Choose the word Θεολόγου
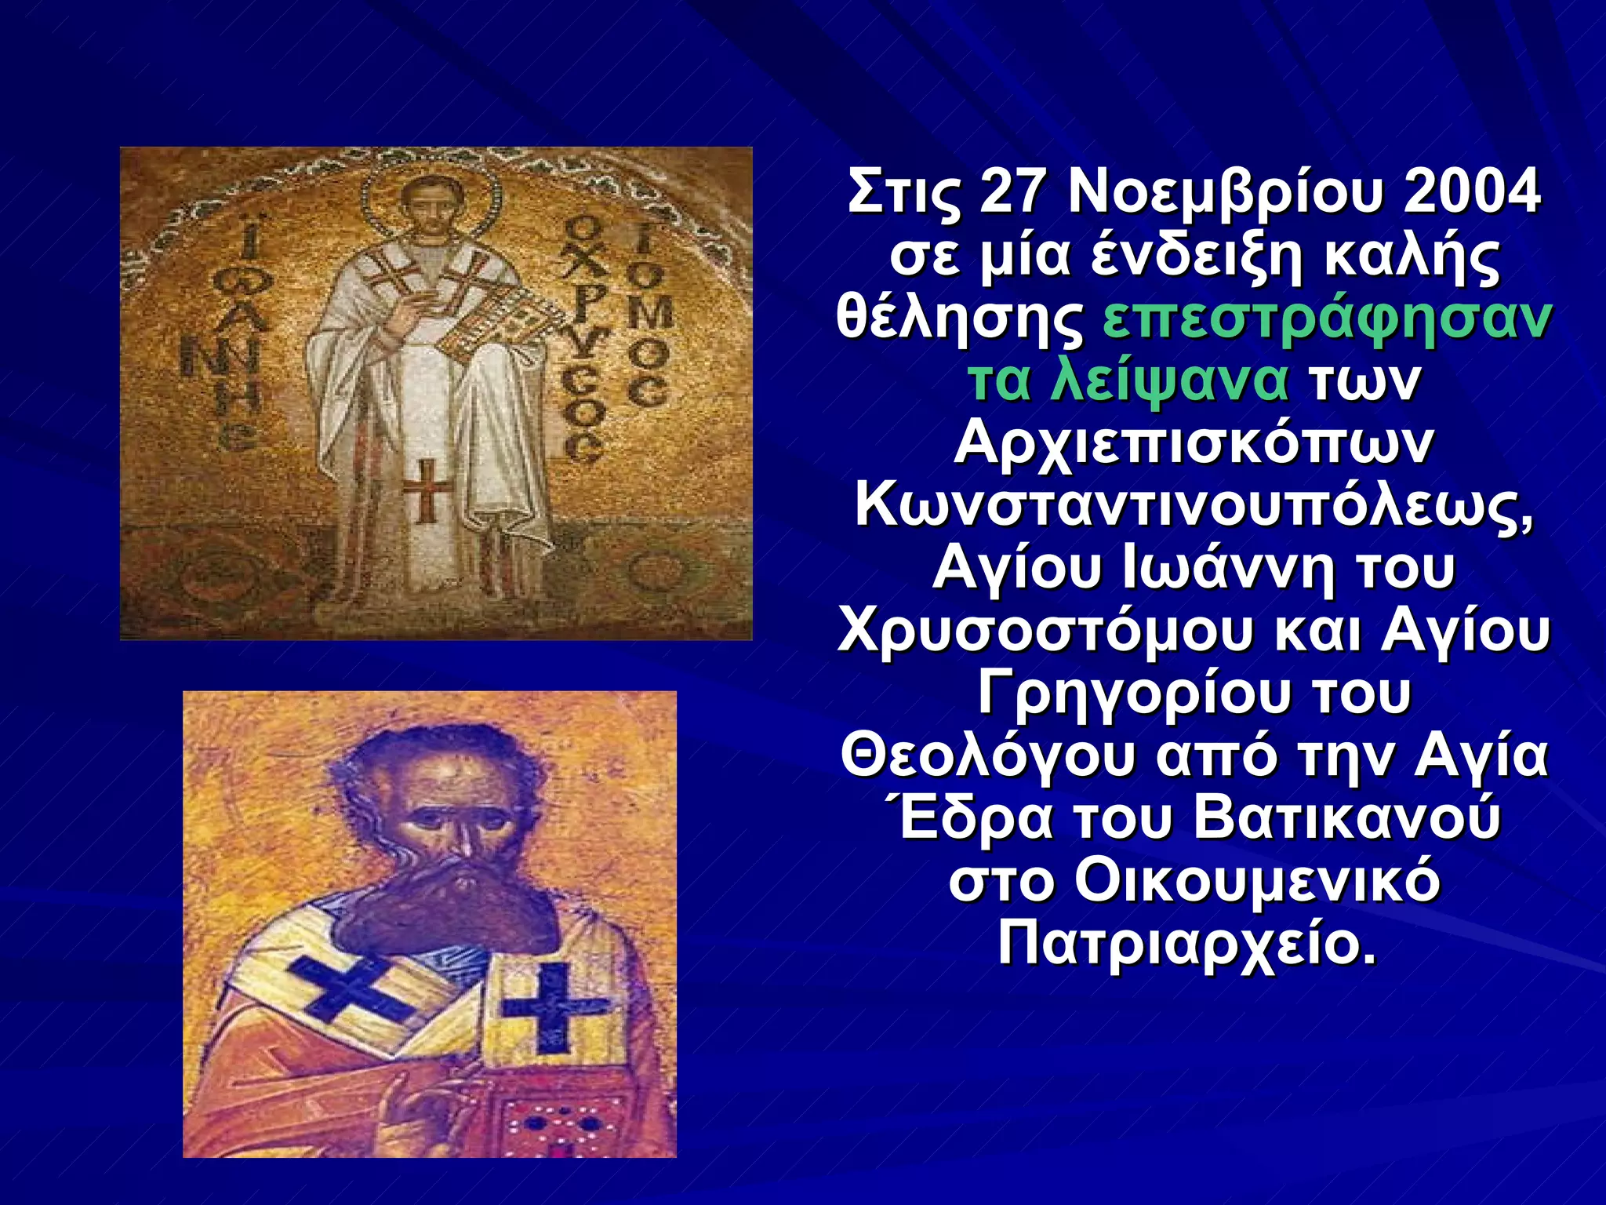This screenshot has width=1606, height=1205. click(987, 757)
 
